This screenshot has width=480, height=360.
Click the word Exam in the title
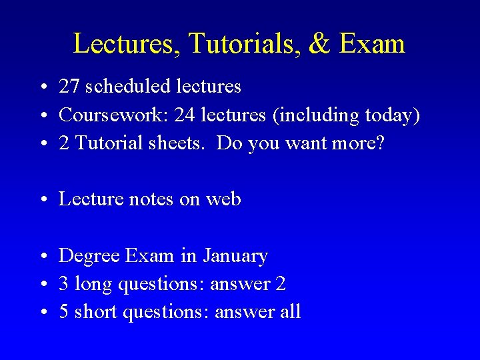(372, 44)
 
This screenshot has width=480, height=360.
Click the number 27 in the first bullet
(68, 87)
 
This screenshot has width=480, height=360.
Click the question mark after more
(380, 143)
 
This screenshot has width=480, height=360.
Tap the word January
(235, 256)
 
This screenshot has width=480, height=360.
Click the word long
(93, 284)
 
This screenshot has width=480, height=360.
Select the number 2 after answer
(280, 284)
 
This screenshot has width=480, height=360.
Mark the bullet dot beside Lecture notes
(42, 200)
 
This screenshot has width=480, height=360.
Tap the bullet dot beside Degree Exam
(42, 257)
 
